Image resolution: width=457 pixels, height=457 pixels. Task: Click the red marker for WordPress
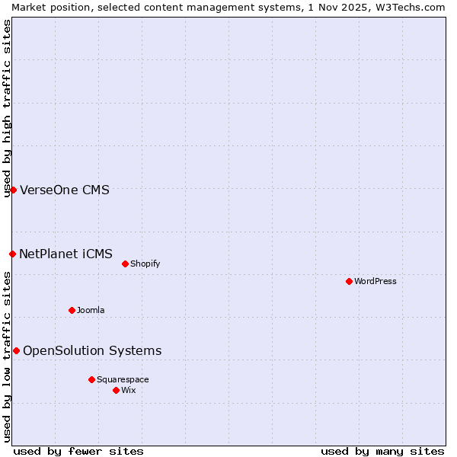pyautogui.click(x=349, y=281)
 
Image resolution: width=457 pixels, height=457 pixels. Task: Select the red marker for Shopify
pyautogui.click(x=125, y=264)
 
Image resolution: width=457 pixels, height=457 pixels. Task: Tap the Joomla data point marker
pyautogui.click(x=72, y=310)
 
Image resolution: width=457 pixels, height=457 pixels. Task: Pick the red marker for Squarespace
pyautogui.click(x=91, y=379)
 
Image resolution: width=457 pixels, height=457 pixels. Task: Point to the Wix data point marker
pyautogui.click(x=116, y=390)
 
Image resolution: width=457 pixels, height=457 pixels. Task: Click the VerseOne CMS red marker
pyautogui.click(x=13, y=190)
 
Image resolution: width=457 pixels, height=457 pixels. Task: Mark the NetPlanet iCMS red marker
pyautogui.click(x=12, y=254)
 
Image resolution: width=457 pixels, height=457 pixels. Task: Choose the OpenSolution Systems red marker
pyautogui.click(x=16, y=350)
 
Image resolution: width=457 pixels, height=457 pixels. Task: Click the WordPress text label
pyautogui.click(x=376, y=281)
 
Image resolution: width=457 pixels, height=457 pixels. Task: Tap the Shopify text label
pyautogui.click(x=145, y=264)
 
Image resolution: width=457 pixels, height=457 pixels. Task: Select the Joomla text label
pyautogui.click(x=91, y=310)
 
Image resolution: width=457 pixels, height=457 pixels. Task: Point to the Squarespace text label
pyautogui.click(x=123, y=379)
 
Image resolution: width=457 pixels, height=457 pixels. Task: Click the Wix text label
pyautogui.click(x=129, y=390)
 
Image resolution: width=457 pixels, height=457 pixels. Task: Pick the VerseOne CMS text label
pyautogui.click(x=65, y=190)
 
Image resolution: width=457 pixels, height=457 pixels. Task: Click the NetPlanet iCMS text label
pyautogui.click(x=66, y=254)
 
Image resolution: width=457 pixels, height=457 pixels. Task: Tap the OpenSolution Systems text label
pyautogui.click(x=92, y=350)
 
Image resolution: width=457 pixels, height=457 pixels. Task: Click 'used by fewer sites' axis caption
pyautogui.click(x=78, y=451)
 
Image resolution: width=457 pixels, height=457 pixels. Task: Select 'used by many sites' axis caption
pyautogui.click(x=382, y=451)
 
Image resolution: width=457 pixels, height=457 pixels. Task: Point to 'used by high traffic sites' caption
pyautogui.click(x=7, y=108)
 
